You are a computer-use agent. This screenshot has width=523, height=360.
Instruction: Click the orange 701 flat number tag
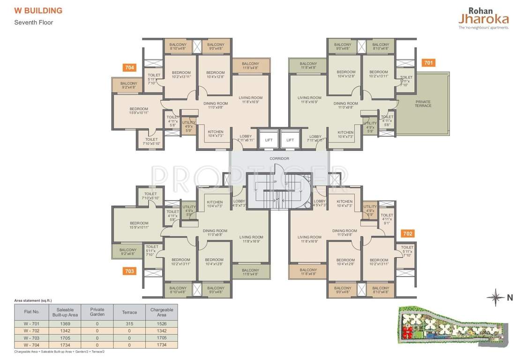tap(428, 62)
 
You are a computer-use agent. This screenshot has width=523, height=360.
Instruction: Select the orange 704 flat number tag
tap(129, 67)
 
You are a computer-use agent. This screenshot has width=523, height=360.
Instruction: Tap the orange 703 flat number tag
tap(129, 270)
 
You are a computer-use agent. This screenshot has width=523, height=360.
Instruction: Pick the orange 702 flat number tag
tap(408, 233)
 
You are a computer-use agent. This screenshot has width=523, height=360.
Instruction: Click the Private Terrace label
tap(423, 104)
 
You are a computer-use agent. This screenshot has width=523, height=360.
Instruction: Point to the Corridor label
tap(279, 158)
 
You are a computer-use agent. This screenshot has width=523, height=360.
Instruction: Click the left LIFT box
tap(269, 140)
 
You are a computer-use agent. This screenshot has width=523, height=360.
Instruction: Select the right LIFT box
tap(290, 140)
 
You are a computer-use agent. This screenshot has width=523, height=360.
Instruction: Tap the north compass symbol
tap(495, 297)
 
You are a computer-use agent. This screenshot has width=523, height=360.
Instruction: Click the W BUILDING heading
tap(38, 10)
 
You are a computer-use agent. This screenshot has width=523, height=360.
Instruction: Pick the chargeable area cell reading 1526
tap(162, 323)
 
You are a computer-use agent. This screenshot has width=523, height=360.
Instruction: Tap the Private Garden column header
tap(97, 312)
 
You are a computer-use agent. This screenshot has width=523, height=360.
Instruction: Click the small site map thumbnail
tap(451, 328)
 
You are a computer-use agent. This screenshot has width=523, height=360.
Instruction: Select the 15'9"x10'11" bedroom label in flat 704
tap(139, 111)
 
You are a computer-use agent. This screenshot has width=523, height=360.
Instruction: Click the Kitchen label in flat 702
tap(344, 203)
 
